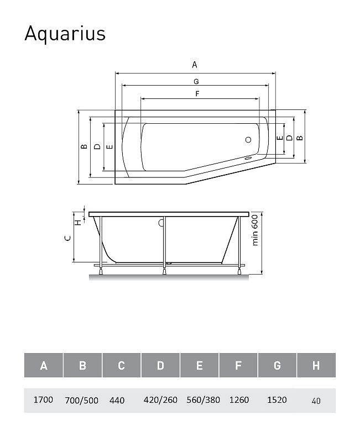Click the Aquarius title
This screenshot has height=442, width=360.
pyautogui.click(x=65, y=34)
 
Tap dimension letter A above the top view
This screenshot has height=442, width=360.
pyautogui.click(x=195, y=65)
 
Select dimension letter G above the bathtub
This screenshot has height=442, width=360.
pyautogui.click(x=196, y=81)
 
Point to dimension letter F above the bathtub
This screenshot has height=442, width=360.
pyautogui.click(x=197, y=93)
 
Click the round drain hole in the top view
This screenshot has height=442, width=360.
pyautogui.click(x=248, y=140)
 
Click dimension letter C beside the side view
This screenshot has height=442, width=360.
pyautogui.click(x=67, y=238)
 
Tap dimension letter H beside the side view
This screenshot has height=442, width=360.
pyautogui.click(x=79, y=223)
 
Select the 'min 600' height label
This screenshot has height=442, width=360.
pyautogui.click(x=255, y=230)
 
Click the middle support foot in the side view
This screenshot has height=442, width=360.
pyautogui.click(x=164, y=271)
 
